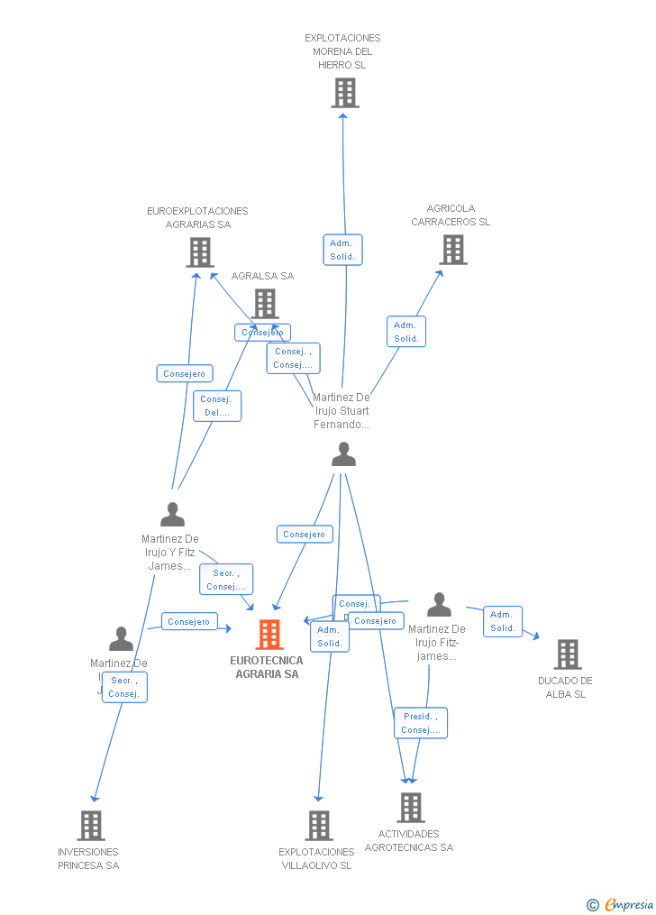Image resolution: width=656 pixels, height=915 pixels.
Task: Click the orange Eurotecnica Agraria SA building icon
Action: pyautogui.click(x=269, y=635)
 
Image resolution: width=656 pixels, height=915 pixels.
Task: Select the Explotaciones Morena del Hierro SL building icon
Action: pyautogui.click(x=344, y=93)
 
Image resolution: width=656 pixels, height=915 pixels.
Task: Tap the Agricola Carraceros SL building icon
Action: pyautogui.click(x=453, y=250)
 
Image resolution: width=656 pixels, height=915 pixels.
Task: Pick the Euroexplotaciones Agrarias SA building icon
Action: pyautogui.click(x=199, y=252)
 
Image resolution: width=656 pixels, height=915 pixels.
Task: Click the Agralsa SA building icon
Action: pyautogui.click(x=264, y=304)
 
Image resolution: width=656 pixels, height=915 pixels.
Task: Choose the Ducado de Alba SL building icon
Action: pyautogui.click(x=567, y=654)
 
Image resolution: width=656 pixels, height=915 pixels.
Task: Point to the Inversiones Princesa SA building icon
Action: pyautogui.click(x=90, y=825)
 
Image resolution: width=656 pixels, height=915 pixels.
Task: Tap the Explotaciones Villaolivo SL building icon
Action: pyautogui.click(x=318, y=825)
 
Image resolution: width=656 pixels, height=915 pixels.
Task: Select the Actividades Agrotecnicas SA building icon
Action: pyautogui.click(x=410, y=807)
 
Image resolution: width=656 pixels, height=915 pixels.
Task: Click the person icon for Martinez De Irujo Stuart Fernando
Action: pyautogui.click(x=343, y=454)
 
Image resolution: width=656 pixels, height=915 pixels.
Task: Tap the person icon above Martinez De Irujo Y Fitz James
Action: pyautogui.click(x=172, y=515)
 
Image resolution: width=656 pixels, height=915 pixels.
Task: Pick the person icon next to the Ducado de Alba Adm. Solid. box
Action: pyautogui.click(x=439, y=604)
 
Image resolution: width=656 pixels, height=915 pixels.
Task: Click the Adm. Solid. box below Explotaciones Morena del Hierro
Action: pyautogui.click(x=342, y=250)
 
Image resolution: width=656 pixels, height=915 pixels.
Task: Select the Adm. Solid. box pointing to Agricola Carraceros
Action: pyautogui.click(x=405, y=332)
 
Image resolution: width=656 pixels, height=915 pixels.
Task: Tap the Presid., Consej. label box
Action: pyautogui.click(x=420, y=723)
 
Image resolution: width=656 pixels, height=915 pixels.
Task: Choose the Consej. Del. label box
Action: pyautogui.click(x=217, y=406)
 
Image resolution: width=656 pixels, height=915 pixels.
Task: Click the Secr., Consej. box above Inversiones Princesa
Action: pyautogui.click(x=123, y=687)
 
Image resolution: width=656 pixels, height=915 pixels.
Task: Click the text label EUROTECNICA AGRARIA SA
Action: pyautogui.click(x=267, y=667)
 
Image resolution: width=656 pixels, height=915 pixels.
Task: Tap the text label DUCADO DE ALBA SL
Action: pyautogui.click(x=565, y=687)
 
